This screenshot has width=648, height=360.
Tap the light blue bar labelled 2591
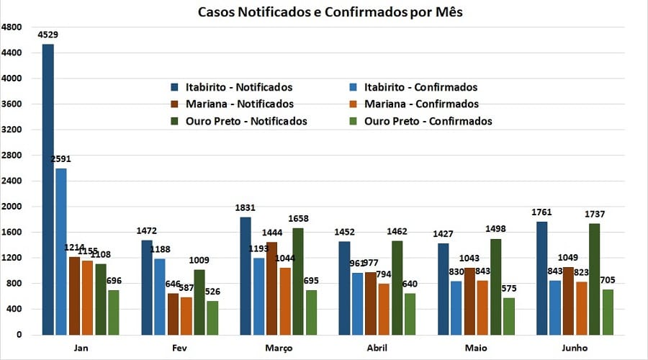[x=61, y=251]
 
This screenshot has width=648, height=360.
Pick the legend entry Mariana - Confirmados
[x=421, y=104]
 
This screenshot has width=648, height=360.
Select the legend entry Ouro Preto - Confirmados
[x=428, y=121]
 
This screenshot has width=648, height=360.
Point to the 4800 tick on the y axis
[x=12, y=27]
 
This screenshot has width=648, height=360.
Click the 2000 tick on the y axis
[x=12, y=207]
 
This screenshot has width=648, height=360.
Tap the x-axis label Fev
[x=179, y=348]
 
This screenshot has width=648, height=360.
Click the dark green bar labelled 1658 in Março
[x=298, y=281]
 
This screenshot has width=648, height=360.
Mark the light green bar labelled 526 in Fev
[x=212, y=318]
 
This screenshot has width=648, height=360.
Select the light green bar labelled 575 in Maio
[x=509, y=316]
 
